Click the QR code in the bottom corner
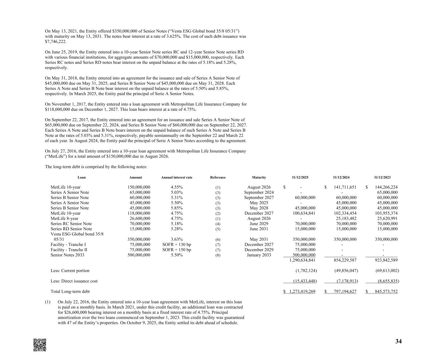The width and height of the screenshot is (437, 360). point(40,345)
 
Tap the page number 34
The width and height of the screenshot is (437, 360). point(398,341)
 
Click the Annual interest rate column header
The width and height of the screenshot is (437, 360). point(177,177)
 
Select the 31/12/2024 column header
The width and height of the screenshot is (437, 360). point(341,177)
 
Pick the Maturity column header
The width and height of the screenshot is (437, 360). point(259,177)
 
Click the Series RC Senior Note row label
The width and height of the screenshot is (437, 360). point(71,224)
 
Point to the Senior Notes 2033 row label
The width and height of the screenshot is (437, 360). point(67,255)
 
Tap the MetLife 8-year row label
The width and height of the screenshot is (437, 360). point(64,218)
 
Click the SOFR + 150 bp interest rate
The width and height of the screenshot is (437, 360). point(177,250)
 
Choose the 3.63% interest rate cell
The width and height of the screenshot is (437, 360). point(177,239)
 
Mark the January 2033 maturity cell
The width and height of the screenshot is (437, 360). point(259,255)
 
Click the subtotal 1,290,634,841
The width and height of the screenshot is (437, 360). point(302,260)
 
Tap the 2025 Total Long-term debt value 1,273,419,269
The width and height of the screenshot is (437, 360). point(302,291)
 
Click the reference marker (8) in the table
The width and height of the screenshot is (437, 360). point(218,255)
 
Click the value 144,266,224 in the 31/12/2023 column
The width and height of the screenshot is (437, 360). point(384,187)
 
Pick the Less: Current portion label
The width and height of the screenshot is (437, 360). point(70,271)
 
